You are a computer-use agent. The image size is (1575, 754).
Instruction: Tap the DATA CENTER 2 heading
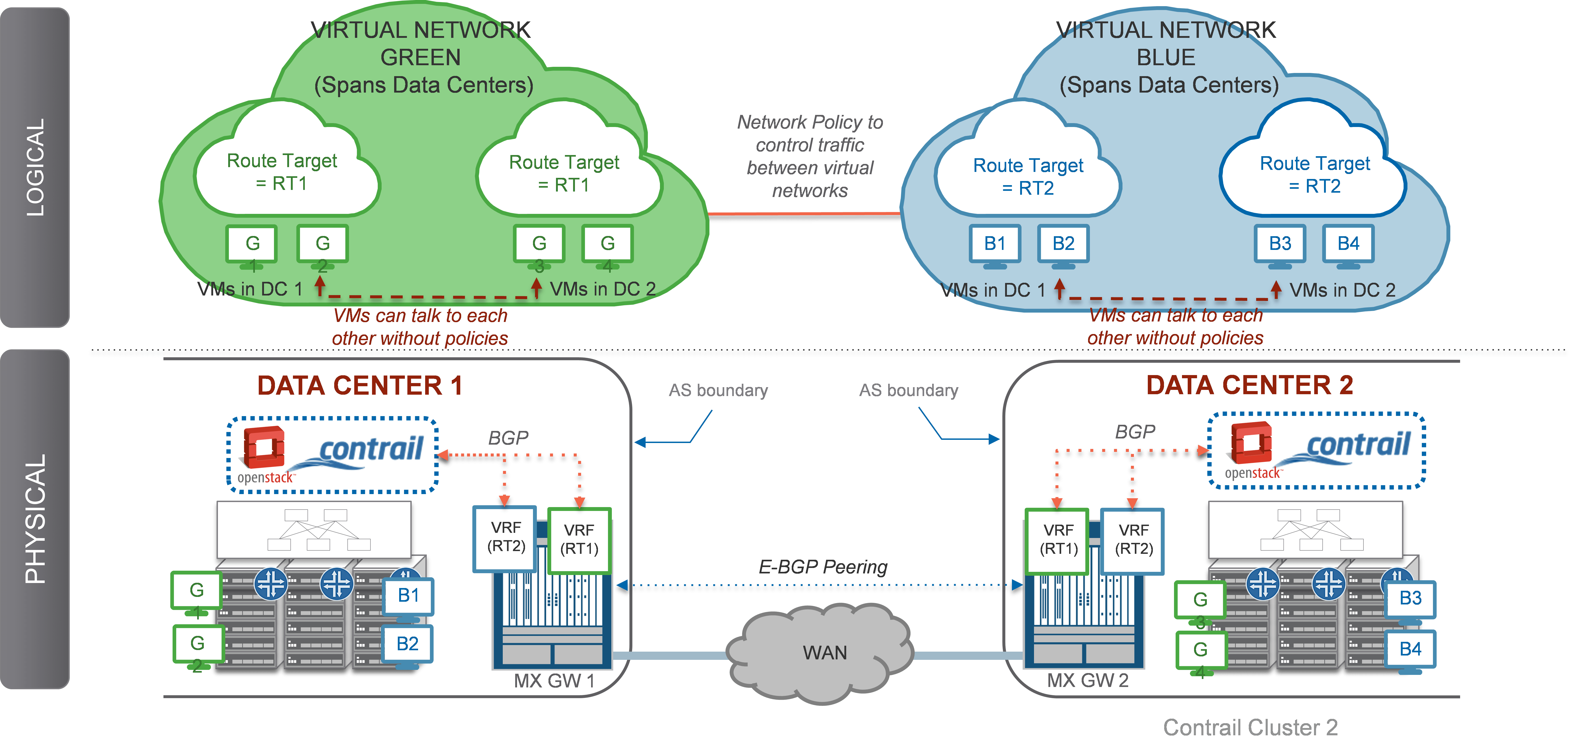pos(1249,385)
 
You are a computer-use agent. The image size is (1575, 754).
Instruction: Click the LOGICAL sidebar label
pos(35,167)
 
